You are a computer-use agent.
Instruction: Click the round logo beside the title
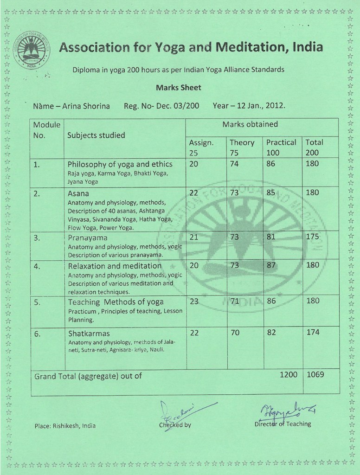pos(32,51)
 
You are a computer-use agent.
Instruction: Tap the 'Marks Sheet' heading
pos(179,87)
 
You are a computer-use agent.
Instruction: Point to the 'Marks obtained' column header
pos(250,124)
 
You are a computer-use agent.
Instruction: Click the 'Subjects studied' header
pos(96,135)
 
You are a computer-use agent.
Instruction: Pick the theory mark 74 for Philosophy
pos(234,164)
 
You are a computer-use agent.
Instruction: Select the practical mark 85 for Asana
pos(270,193)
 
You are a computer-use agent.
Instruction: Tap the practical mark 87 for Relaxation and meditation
pos(271,265)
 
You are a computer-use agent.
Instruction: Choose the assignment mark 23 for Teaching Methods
pos(194,301)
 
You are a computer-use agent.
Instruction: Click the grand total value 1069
pos(315,374)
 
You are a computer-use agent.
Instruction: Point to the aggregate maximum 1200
pos(288,374)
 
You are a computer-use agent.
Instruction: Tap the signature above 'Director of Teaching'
pos(287,410)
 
